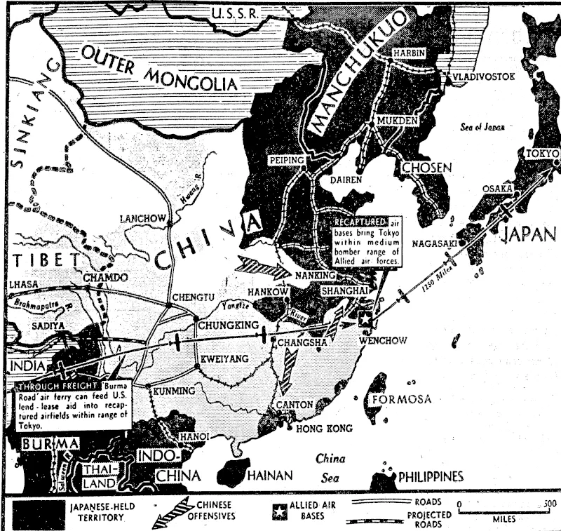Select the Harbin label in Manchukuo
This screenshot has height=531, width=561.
tap(410, 53)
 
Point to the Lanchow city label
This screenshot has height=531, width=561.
tap(142, 218)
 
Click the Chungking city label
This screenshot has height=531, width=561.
tap(227, 325)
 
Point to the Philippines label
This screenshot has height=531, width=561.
tap(431, 477)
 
